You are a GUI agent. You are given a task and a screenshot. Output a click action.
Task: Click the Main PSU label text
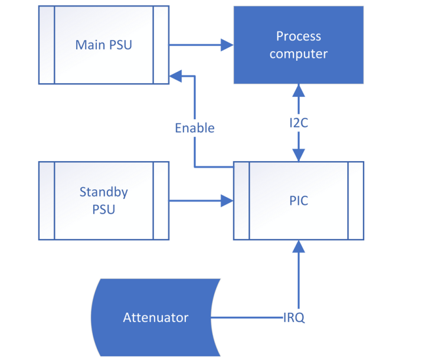pyautogui.click(x=103, y=45)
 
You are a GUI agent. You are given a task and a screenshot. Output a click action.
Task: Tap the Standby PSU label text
pyautogui.click(x=103, y=201)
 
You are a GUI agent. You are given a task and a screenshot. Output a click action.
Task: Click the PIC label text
pyautogui.click(x=298, y=201)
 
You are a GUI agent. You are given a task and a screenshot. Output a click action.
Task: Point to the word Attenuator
pyautogui.click(x=155, y=318)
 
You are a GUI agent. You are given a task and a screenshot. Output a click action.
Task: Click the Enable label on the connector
pyautogui.click(x=194, y=128)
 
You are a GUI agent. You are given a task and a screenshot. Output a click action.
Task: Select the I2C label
pyautogui.click(x=298, y=125)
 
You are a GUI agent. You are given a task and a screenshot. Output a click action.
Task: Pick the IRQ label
pyautogui.click(x=293, y=318)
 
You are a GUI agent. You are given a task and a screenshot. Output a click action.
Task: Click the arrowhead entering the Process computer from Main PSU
pyautogui.click(x=227, y=45)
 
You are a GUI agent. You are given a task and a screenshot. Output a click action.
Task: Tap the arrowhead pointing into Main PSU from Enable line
pyautogui.click(x=176, y=76)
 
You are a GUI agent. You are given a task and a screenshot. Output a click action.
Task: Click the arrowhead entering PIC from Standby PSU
pyautogui.click(x=227, y=201)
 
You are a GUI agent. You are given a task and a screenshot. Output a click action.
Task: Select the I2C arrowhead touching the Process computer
pyautogui.click(x=298, y=90)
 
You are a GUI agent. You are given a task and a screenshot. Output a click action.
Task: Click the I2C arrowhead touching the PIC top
pyautogui.click(x=298, y=155)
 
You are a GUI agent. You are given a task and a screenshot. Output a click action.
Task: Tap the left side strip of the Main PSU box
pyautogui.click(x=47, y=45)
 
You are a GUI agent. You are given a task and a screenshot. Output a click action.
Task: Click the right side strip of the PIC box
pyautogui.click(x=355, y=201)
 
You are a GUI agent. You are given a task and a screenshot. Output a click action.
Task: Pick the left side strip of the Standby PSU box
pyautogui.click(x=47, y=201)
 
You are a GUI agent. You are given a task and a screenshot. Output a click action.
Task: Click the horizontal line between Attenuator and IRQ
pyautogui.click(x=248, y=318)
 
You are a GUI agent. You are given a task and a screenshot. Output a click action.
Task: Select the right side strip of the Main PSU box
pyautogui.click(x=161, y=45)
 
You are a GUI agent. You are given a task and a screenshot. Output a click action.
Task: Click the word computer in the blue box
pyautogui.click(x=298, y=54)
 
